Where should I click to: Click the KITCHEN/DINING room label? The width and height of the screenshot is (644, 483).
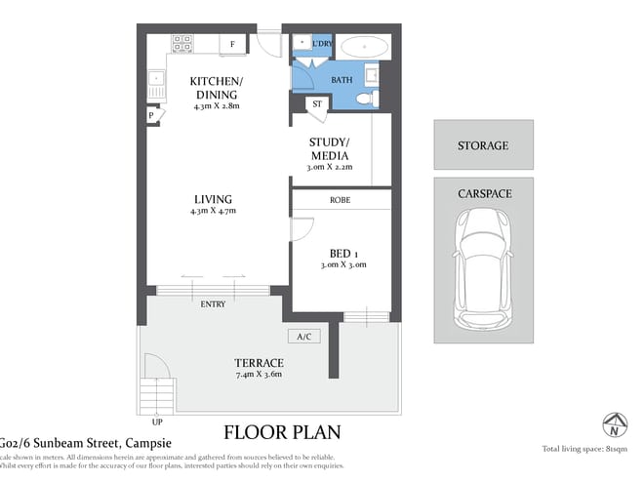(x=217, y=88)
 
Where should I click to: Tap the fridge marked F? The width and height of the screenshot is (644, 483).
(x=232, y=44)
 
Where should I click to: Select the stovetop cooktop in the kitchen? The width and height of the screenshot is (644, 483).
(x=181, y=44)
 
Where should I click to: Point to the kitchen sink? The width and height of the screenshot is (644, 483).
(x=155, y=78)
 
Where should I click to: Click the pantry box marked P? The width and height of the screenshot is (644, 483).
(x=151, y=115)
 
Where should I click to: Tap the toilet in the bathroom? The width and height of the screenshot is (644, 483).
(x=365, y=99)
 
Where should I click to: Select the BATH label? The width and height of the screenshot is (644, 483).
(x=342, y=80)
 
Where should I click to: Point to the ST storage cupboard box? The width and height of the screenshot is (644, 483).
(x=316, y=103)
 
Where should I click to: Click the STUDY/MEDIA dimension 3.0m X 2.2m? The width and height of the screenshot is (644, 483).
(x=329, y=167)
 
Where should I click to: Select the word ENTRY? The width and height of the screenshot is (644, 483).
(x=213, y=304)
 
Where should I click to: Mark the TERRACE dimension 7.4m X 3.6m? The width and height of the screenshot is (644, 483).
(x=259, y=375)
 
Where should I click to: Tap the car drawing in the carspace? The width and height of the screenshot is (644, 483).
(x=483, y=268)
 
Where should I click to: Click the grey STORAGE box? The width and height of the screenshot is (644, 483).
(x=483, y=145)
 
